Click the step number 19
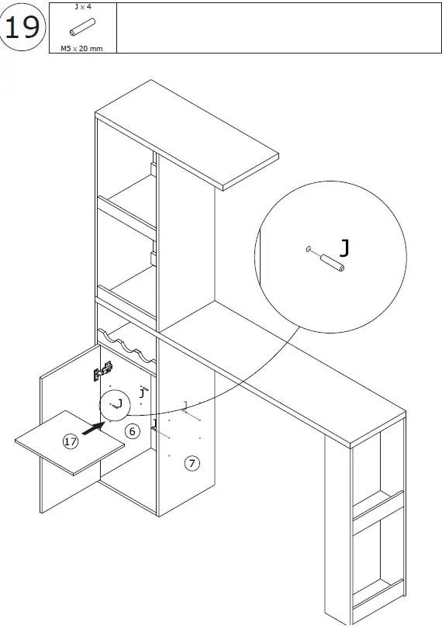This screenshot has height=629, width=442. click(22, 28)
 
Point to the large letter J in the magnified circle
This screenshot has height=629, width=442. click(344, 247)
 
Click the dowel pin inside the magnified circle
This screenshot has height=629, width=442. click(330, 262)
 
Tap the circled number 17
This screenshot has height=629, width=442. click(71, 441)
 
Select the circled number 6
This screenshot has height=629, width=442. click(133, 430)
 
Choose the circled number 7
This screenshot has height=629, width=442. click(192, 463)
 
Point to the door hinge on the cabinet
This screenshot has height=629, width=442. click(99, 373)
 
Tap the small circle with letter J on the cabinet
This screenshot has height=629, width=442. click(114, 403)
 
